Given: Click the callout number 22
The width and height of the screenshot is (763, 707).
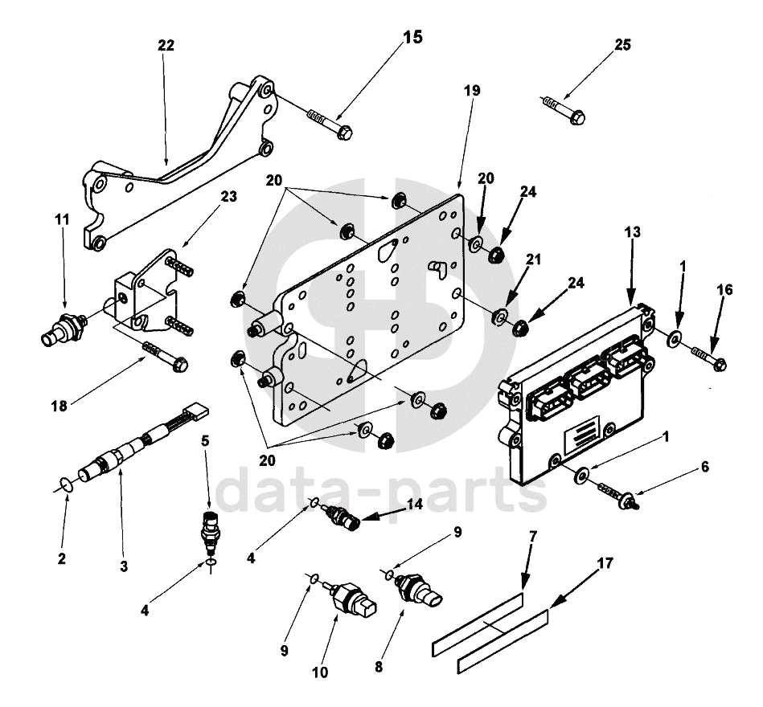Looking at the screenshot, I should tap(166, 47).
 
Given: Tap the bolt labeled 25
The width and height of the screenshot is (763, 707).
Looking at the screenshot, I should tap(566, 109).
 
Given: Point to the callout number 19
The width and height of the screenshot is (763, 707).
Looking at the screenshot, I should tap(472, 91).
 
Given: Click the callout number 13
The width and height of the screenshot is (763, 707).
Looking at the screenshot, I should tap(633, 233).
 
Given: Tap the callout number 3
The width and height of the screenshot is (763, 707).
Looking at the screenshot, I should tap(123, 566).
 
